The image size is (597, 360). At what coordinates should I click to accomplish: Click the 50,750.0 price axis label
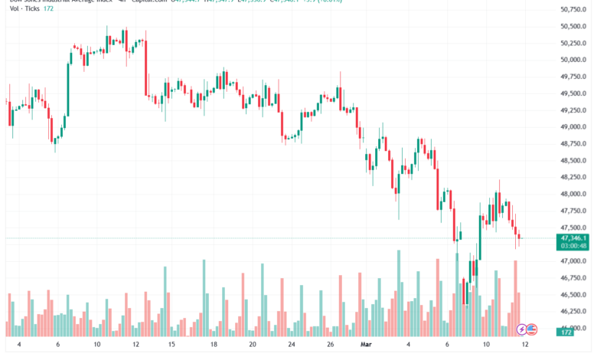(574, 9)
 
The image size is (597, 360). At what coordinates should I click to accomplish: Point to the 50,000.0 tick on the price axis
(574, 60)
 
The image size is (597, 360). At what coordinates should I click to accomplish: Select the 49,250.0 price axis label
(574, 110)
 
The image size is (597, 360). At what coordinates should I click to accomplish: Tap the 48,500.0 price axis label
(574, 161)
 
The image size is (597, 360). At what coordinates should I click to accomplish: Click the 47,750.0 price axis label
(574, 211)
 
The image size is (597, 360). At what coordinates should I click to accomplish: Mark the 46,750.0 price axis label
(574, 278)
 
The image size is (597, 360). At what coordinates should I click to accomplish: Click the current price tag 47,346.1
(574, 238)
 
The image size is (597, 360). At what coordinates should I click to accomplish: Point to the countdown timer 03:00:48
(574, 246)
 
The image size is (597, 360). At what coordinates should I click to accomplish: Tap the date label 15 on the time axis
(171, 345)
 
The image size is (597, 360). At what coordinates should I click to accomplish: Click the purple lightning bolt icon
(521, 329)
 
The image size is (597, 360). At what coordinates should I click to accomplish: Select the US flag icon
(532, 329)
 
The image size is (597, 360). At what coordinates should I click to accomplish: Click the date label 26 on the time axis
(329, 345)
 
